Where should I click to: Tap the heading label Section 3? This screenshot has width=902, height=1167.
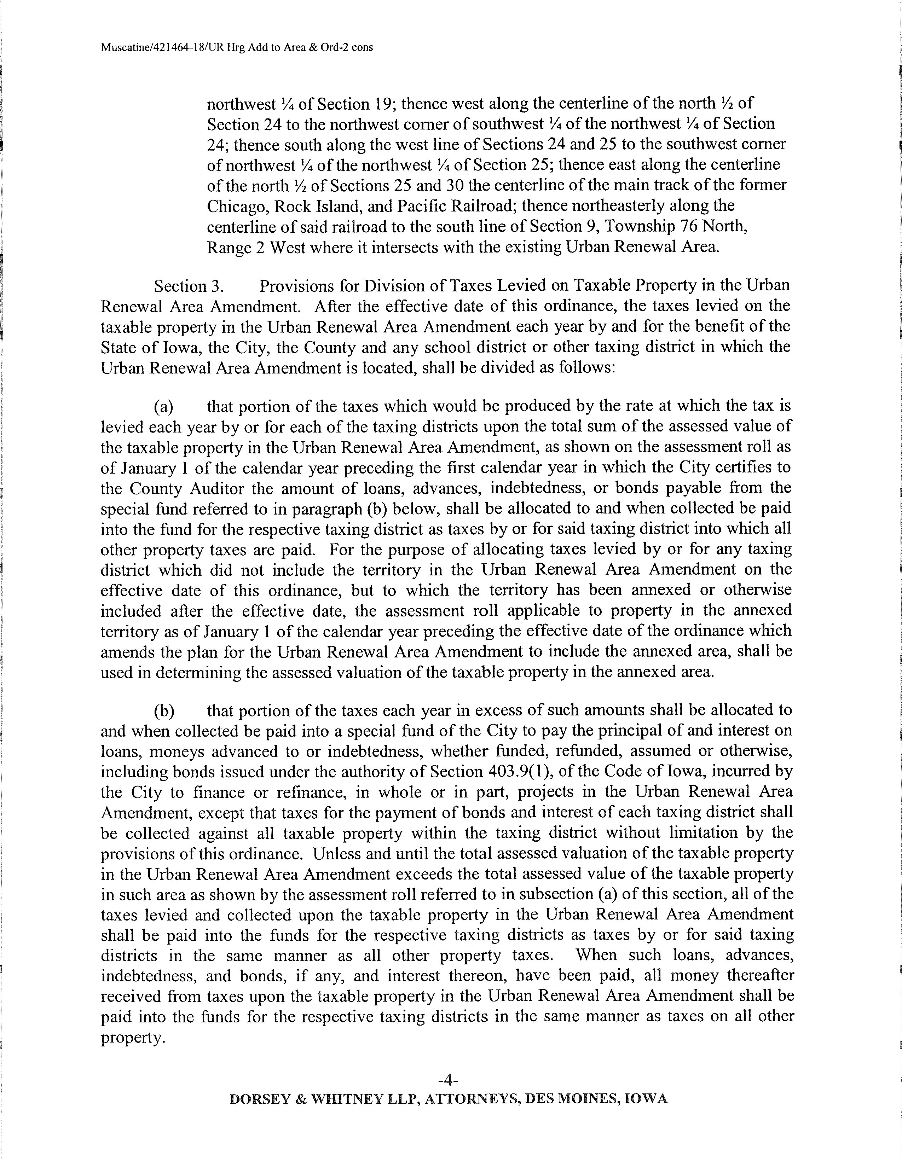[x=188, y=286]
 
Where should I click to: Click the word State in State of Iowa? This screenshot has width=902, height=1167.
[x=118, y=347]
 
